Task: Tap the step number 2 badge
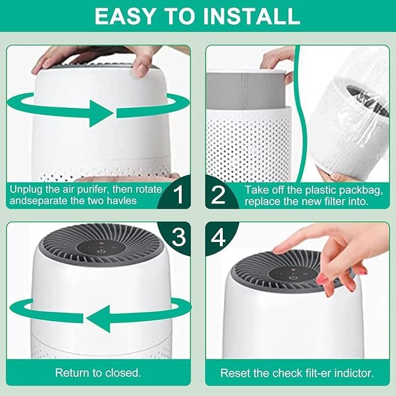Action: pyautogui.click(x=218, y=195)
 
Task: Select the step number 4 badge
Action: pyautogui.click(x=218, y=237)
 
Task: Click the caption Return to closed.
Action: pyautogui.click(x=97, y=372)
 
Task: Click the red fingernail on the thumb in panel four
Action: pyautogui.click(x=322, y=279)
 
